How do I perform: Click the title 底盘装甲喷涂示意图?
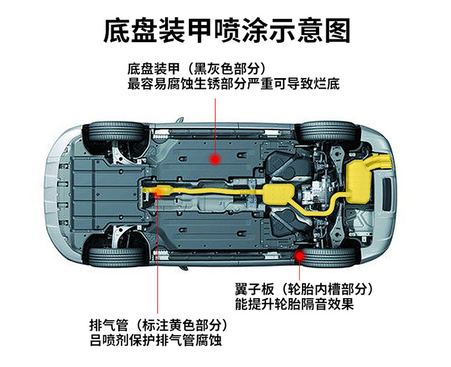(227, 31)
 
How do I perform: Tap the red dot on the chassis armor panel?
(215, 159)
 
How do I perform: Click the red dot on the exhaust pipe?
(158, 192)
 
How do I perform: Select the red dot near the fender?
(300, 256)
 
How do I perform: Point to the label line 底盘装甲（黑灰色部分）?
(196, 69)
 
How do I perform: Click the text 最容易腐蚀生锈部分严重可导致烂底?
(233, 84)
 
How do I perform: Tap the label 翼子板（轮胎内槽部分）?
(304, 289)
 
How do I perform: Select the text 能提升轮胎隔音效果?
(294, 304)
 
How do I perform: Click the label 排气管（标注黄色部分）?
(159, 325)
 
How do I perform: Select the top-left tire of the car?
(116, 132)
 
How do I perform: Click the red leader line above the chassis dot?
(215, 126)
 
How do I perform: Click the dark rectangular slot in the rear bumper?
(387, 194)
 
